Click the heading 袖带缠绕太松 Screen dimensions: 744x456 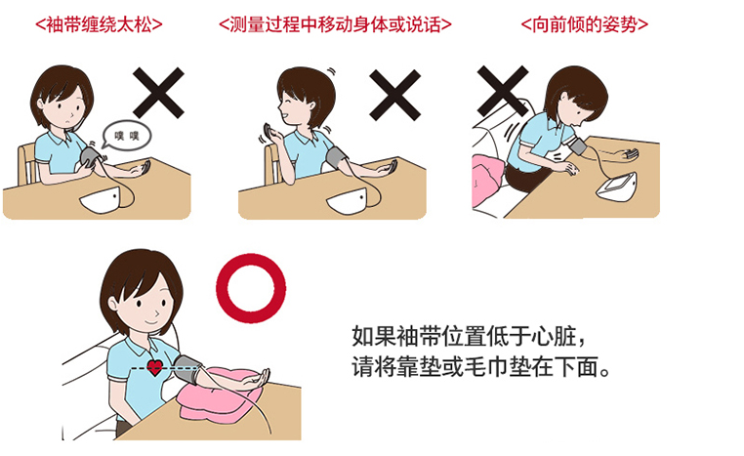coord(99,24)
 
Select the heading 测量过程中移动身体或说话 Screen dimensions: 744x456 coord(335,24)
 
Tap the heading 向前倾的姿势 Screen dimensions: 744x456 coord(584,24)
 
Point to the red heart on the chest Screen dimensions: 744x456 coord(154,367)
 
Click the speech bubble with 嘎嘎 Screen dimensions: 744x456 coord(127,135)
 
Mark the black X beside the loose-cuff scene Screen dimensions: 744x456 coord(158,93)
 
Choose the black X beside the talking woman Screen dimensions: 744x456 coord(394,95)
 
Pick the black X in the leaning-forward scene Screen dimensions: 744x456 coord(503,91)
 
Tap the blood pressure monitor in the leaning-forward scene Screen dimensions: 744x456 coord(617,187)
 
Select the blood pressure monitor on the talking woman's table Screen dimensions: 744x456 coord(348,201)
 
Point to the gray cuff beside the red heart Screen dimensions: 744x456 coord(187,369)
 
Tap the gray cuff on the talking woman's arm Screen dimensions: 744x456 coord(337,158)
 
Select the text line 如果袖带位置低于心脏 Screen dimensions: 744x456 coord(470,336)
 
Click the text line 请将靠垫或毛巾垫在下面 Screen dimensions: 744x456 coord(480,367)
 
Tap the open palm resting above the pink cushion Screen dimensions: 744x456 coord(251,380)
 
